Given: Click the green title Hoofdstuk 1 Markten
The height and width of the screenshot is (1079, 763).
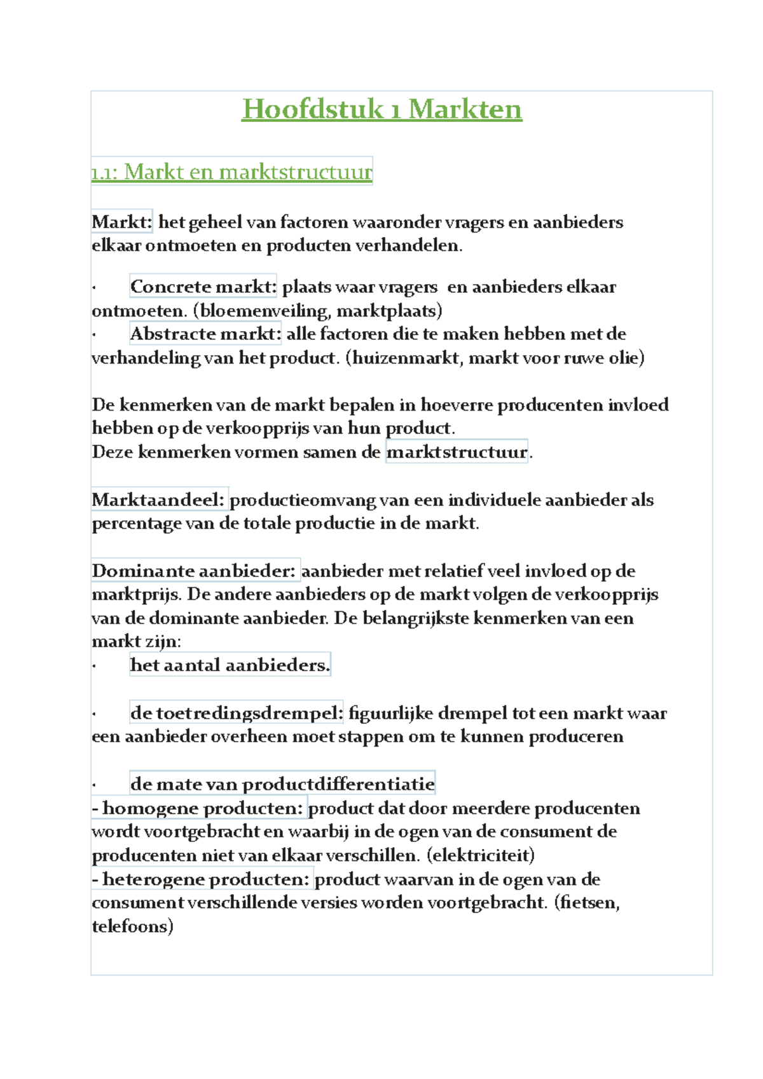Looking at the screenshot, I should pyautogui.click(x=381, y=109).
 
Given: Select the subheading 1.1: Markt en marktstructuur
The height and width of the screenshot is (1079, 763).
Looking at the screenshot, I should pyautogui.click(x=231, y=172).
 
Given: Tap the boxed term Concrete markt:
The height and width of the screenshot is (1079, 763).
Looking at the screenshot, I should pyautogui.click(x=203, y=287).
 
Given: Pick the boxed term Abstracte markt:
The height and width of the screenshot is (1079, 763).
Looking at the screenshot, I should pyautogui.click(x=205, y=334).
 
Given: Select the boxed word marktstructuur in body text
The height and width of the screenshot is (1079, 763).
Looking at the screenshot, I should pyautogui.click(x=457, y=452).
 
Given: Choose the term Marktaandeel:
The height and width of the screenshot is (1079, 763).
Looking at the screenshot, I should pyautogui.click(x=158, y=500).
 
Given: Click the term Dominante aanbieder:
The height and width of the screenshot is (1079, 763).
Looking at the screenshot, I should pyautogui.click(x=194, y=571).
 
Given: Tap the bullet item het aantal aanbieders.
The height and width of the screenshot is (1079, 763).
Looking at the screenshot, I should pyautogui.click(x=230, y=665).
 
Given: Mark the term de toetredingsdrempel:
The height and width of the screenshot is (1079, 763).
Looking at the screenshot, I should pyautogui.click(x=237, y=713).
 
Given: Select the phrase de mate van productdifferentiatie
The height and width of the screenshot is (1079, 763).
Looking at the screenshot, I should pyautogui.click(x=282, y=784).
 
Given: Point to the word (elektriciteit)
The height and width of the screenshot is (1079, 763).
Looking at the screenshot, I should pyautogui.click(x=481, y=855).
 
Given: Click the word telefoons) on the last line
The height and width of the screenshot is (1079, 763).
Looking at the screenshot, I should pyautogui.click(x=132, y=926).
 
